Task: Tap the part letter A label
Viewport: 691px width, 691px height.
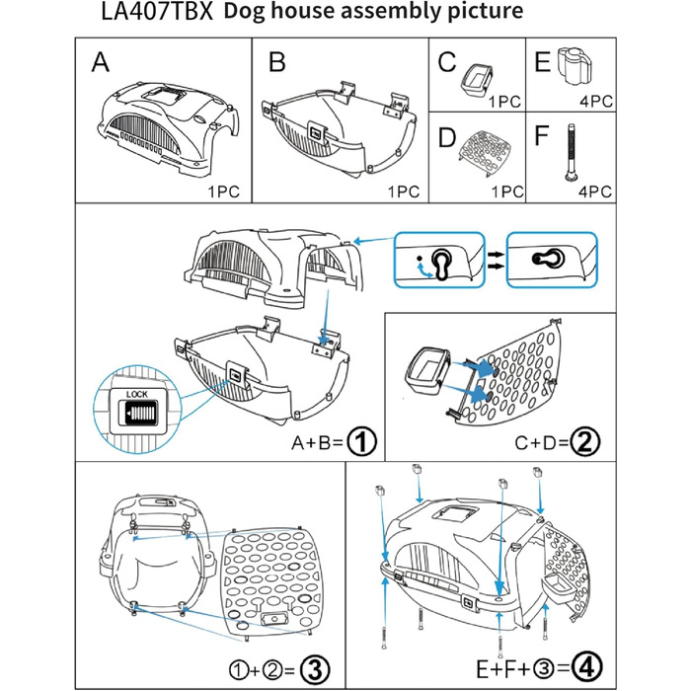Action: [100, 64]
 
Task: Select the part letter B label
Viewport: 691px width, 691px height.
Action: [276, 64]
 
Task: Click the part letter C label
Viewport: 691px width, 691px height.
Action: [447, 62]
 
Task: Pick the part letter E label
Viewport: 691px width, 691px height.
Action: [541, 62]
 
